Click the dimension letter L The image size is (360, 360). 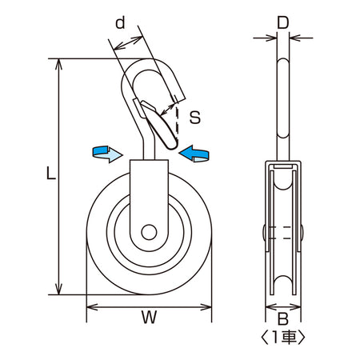(51, 173)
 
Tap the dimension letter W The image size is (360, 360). (149, 318)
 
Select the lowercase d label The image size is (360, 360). (120, 22)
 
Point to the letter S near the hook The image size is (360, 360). (195, 117)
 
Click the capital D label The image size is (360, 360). (283, 23)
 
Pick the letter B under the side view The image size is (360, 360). (282, 318)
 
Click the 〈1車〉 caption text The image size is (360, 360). (282, 337)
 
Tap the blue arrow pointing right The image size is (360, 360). (107, 154)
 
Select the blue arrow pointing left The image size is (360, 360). (194, 154)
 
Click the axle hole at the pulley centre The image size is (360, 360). (149, 232)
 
